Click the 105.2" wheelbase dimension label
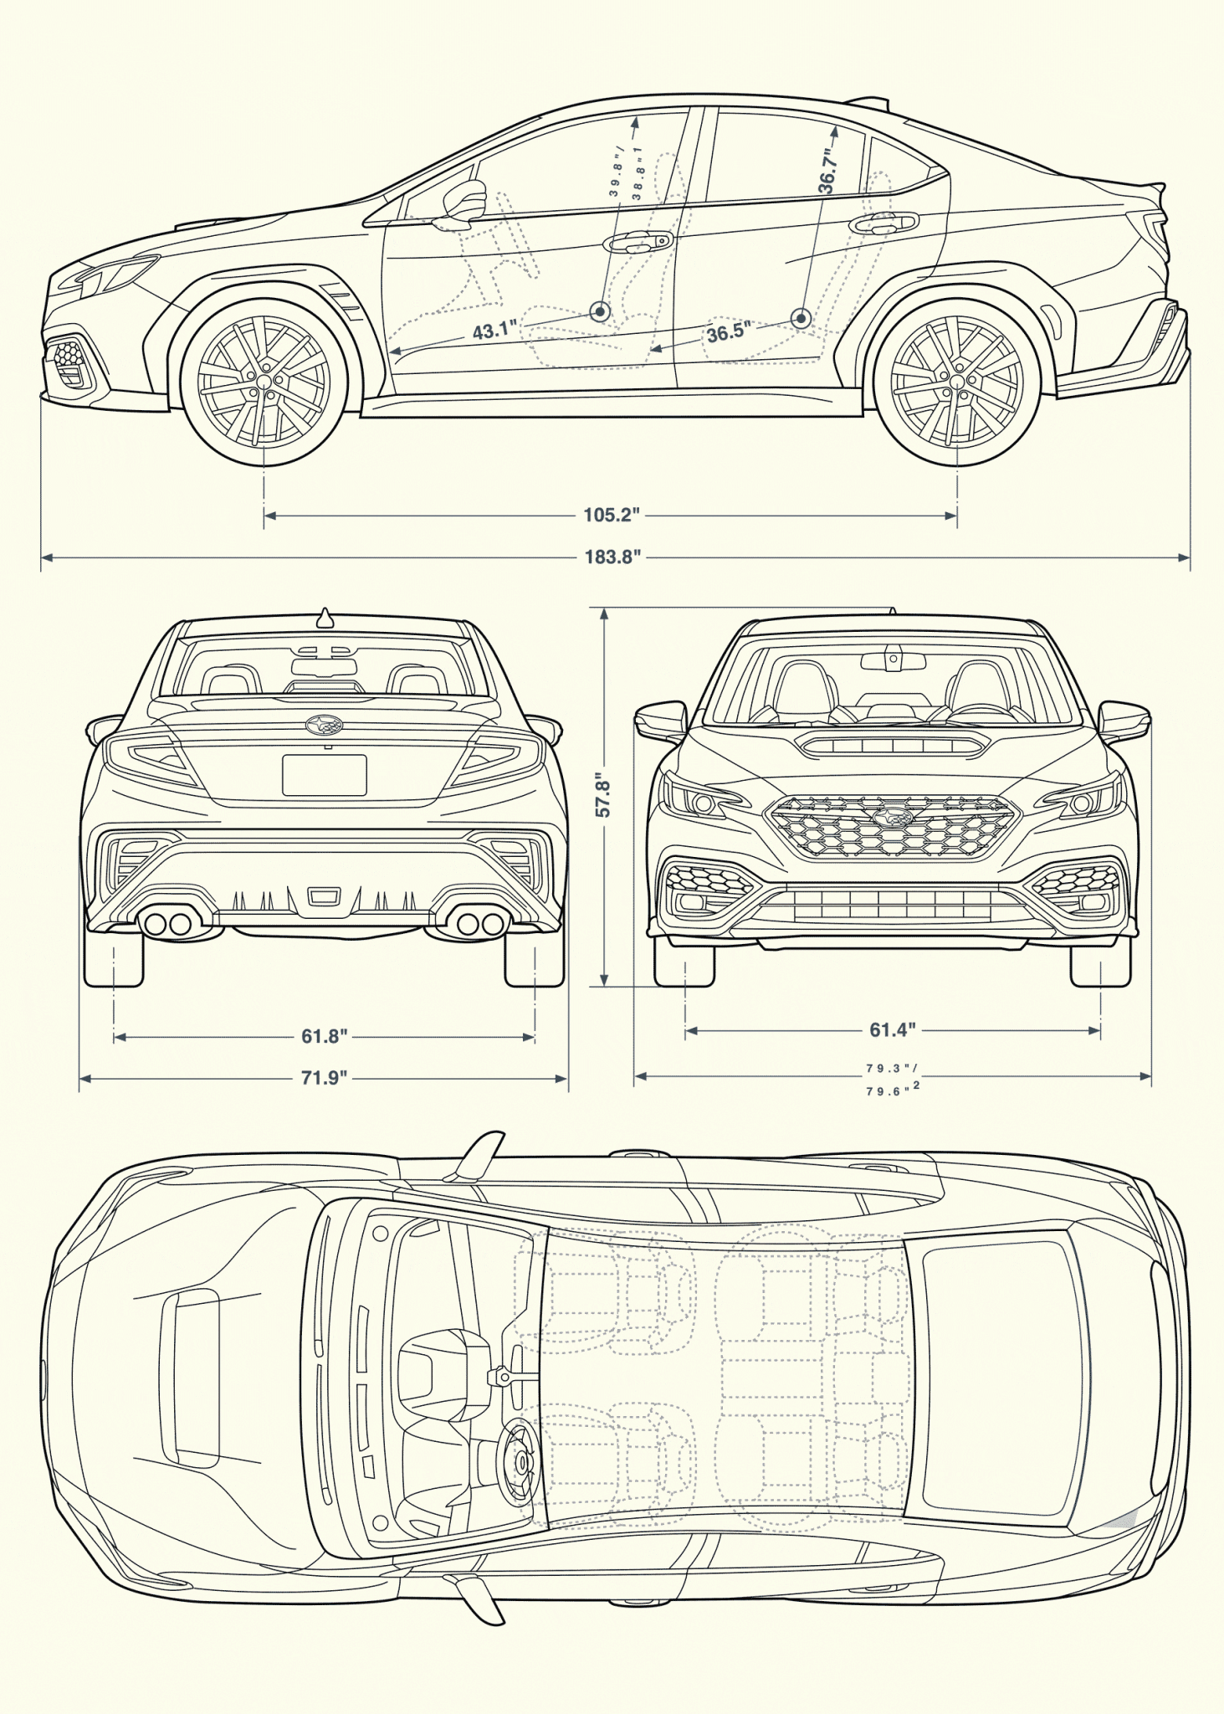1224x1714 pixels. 612,515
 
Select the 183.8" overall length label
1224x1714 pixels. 612,557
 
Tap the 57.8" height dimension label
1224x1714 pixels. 602,795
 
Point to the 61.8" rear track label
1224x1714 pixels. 324,1036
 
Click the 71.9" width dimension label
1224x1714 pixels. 324,1077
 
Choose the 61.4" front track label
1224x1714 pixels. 892,1029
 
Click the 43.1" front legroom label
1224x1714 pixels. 494,330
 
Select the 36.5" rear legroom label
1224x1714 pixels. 727,332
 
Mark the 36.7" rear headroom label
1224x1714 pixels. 827,171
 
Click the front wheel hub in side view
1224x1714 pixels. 264,382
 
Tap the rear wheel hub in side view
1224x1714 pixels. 957,382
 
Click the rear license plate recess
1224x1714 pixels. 325,775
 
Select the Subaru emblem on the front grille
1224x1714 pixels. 892,816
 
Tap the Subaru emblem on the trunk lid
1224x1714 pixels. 325,726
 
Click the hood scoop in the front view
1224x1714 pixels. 892,744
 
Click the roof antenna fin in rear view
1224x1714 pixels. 325,619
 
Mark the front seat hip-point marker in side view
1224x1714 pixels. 600,312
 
